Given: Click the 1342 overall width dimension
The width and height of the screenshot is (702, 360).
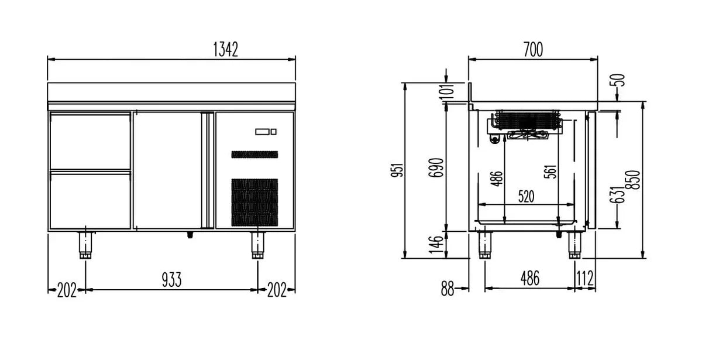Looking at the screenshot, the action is pos(225,49).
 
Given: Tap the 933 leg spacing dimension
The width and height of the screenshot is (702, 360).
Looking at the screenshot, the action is pos(171,280).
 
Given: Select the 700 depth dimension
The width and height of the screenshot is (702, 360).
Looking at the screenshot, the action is pos(533,50).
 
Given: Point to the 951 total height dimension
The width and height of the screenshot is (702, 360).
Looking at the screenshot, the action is pos(397,170).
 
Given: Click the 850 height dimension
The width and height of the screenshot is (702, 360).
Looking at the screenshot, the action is pos(632,180).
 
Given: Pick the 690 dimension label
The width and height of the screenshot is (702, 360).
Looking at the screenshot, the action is pos(436,168).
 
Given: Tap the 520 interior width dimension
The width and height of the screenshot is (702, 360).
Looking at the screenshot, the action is pos(526,197).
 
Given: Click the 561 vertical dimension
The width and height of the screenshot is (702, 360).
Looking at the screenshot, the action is pos(550,172).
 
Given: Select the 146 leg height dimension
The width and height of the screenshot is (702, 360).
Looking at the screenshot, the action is pos(436,245).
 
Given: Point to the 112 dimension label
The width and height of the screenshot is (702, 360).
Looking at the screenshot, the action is pos(585,278).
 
